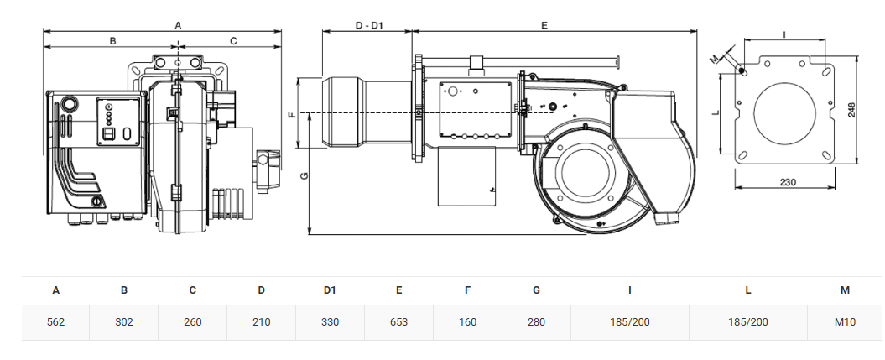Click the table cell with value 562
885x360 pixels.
(x=56, y=322)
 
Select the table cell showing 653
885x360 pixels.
(x=399, y=322)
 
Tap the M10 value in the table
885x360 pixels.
(x=845, y=322)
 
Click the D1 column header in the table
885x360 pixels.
(x=331, y=290)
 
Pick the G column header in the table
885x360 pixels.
(x=536, y=290)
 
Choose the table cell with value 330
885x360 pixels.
(x=331, y=322)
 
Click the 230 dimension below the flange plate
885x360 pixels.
(x=788, y=182)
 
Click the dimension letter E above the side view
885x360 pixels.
(x=544, y=25)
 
